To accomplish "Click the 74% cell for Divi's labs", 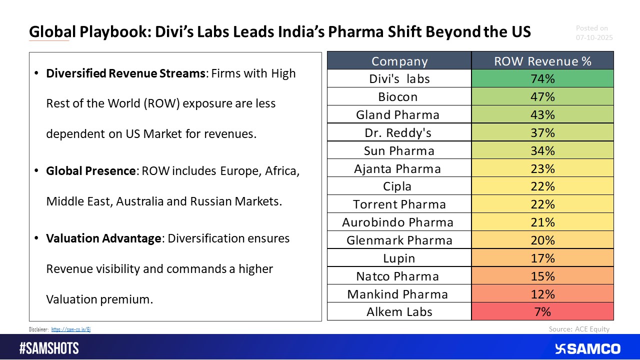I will click(542, 79).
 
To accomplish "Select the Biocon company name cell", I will click(398, 96).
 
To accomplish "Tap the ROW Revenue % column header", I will click(542, 61).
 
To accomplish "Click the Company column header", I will click(399, 61).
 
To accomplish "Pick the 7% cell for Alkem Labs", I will click(542, 312).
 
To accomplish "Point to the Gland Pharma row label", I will click(398, 114).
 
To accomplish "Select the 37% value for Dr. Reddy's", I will click(542, 132).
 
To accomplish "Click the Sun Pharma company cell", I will click(399, 150).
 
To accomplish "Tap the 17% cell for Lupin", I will click(542, 258).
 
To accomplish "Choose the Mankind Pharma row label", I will click(397, 294).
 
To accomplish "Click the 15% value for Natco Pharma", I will click(542, 276).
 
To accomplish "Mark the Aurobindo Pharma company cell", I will click(397, 222).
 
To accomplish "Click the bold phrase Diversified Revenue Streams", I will click(125, 73).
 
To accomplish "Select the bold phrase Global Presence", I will click(91, 171).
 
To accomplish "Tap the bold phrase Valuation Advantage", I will click(103, 238).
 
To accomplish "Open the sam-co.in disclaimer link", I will click(70, 329).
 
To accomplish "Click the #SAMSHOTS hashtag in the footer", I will click(48, 348).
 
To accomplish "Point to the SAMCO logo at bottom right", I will click(587, 348).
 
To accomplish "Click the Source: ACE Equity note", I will click(579, 329).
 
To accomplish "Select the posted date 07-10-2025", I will click(594, 37).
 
